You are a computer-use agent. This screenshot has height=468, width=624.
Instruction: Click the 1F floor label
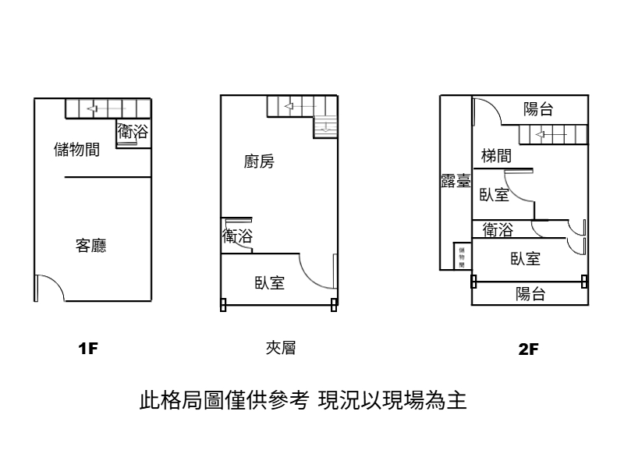(x=87, y=348)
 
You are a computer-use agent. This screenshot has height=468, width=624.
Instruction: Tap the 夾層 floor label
(x=280, y=347)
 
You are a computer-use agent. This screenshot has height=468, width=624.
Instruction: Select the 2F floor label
(x=528, y=349)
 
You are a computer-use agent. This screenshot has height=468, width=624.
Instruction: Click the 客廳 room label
(x=90, y=246)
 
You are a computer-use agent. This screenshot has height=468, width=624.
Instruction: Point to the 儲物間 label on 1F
(x=76, y=150)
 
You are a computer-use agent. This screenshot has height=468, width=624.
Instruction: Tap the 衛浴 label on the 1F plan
(x=132, y=132)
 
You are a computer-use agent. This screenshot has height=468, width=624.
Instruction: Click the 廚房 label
(x=259, y=162)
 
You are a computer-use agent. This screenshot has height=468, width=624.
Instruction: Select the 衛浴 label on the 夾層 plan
(x=237, y=236)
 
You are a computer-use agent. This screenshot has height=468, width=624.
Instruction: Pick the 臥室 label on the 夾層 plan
(x=269, y=283)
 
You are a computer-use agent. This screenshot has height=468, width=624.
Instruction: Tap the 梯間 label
(x=496, y=156)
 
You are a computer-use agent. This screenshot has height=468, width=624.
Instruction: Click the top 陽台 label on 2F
(x=538, y=109)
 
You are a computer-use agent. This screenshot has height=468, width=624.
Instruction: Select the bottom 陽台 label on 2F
(x=530, y=294)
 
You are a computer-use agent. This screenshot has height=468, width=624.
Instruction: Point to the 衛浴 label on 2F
(x=498, y=230)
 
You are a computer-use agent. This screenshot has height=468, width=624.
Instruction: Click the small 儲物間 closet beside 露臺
(x=462, y=257)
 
